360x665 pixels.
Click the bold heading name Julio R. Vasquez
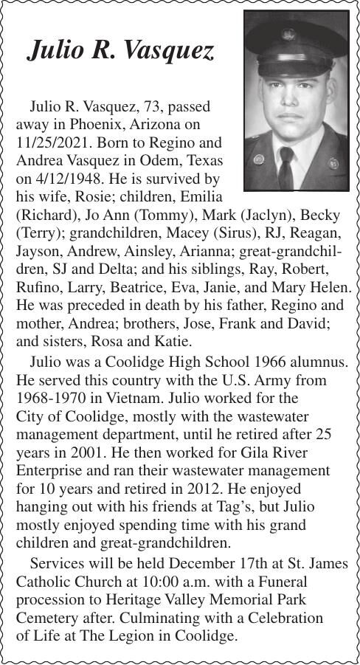(x=120, y=50)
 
